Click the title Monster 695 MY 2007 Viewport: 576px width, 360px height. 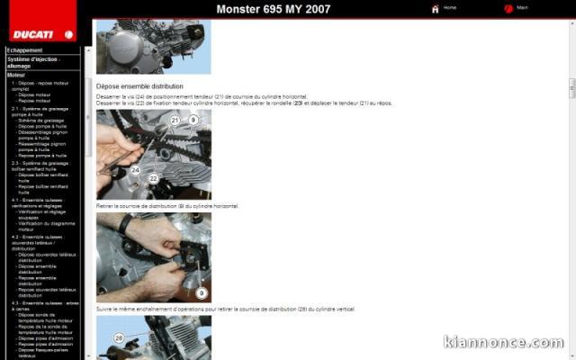[273, 10]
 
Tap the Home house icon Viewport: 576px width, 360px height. [436, 9]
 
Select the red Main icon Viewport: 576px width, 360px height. [509, 9]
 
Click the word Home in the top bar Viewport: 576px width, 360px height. [450, 7]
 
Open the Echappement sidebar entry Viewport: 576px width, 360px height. [25, 50]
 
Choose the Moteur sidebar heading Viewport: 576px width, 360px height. [16, 75]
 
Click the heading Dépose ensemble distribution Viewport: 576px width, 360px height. [132, 85]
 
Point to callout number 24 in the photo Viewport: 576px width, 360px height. [136, 169]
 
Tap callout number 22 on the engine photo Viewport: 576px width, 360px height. [153, 178]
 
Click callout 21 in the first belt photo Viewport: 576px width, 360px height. [175, 120]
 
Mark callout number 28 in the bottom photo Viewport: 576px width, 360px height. [118, 338]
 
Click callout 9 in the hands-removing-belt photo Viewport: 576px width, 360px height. [201, 293]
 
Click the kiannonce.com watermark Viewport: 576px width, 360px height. [503, 343]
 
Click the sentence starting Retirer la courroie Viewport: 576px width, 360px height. [167, 206]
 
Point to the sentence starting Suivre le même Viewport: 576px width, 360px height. [225, 309]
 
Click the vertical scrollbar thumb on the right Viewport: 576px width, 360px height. [571, 88]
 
